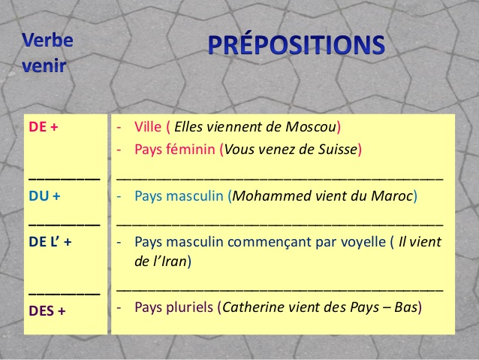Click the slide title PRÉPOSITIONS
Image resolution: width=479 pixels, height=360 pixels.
click(x=296, y=45)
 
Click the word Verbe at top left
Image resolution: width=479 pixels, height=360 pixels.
click(x=47, y=39)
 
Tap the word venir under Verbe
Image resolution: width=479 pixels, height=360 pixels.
click(x=44, y=65)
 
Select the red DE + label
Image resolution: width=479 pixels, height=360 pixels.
click(x=44, y=127)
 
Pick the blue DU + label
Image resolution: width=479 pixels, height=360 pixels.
click(x=44, y=196)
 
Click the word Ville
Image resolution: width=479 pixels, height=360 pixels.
click(x=148, y=127)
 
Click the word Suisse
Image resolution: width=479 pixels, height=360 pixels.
click(x=336, y=150)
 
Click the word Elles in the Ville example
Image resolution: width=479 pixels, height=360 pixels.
click(x=191, y=127)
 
